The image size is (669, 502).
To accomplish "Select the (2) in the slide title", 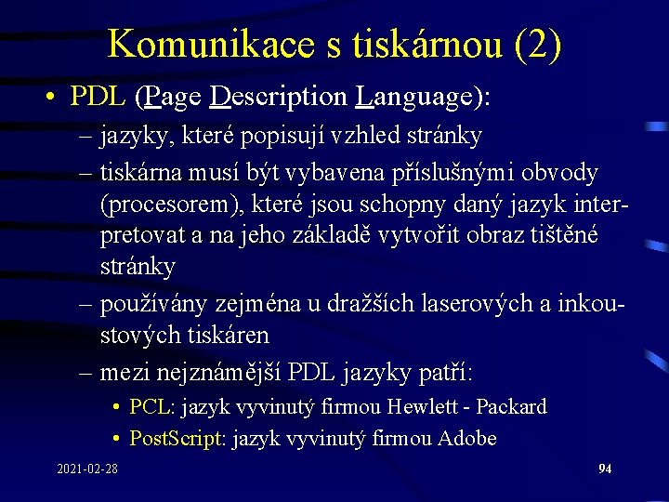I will (537, 44).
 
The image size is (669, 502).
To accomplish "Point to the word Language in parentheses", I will (414, 96).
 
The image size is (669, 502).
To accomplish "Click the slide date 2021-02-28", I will (86, 469).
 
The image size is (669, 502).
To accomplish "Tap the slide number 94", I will (605, 469).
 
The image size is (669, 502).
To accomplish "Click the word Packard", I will (512, 406).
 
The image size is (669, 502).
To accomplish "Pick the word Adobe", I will (466, 438).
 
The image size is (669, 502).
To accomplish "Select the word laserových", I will (440, 304).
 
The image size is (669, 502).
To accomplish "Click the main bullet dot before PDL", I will (55, 97).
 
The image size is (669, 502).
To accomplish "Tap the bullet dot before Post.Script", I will (117, 438).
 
